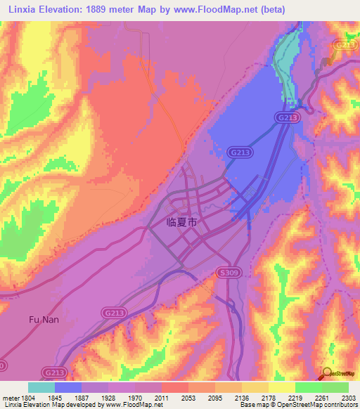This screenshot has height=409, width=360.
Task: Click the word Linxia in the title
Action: tap(24, 9)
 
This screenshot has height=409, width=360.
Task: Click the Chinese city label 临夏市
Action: tap(173, 222)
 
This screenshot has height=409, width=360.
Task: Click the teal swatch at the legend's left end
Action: tap(41, 387)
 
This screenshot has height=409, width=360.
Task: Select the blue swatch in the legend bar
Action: tap(68, 387)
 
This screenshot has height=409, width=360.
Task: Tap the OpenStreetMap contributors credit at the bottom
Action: tap(323, 405)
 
